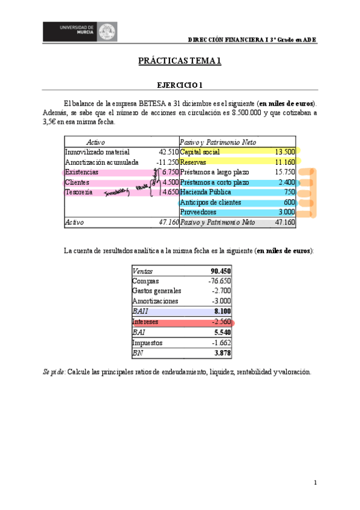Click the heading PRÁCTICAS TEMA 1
(x=180, y=61)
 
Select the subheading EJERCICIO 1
(x=180, y=85)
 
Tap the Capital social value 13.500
(x=285, y=152)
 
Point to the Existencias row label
(x=82, y=173)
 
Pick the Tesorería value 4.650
(x=170, y=192)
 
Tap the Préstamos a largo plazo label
(x=213, y=173)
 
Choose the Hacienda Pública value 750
(x=289, y=192)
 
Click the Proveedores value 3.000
(x=286, y=212)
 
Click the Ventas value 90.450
(x=221, y=271)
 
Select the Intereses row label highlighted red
(x=145, y=322)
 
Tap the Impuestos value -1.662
(x=221, y=343)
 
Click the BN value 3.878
(x=222, y=353)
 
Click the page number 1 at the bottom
(x=315, y=483)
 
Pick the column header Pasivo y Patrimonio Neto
(x=218, y=143)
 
